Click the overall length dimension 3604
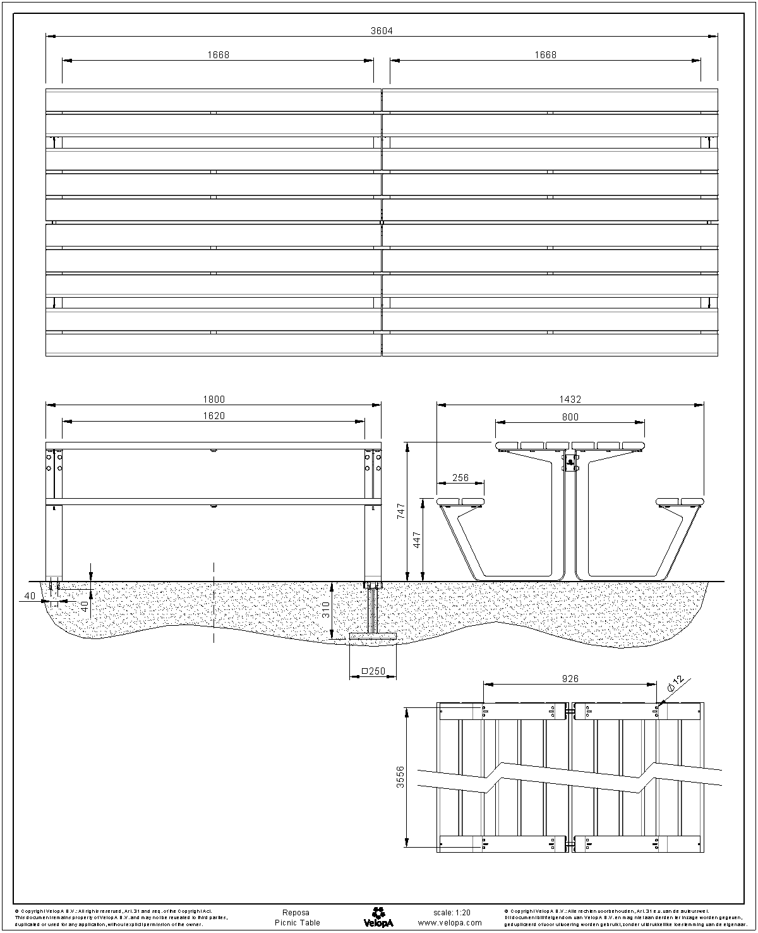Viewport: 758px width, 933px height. click(382, 30)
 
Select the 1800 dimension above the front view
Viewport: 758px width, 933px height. click(214, 399)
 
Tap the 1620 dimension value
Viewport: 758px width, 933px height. click(214, 416)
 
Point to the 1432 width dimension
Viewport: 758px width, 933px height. click(570, 399)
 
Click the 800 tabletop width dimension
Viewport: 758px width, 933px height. click(570, 417)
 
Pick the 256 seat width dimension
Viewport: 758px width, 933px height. click(460, 478)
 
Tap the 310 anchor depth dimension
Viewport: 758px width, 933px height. click(326, 609)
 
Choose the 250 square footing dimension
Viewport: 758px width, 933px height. click(373, 671)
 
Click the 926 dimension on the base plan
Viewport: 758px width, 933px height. click(570, 679)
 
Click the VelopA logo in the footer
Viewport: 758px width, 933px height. click(378, 917)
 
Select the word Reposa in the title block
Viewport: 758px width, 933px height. click(296, 913)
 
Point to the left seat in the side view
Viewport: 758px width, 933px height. click(460, 502)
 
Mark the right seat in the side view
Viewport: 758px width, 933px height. click(680, 502)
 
